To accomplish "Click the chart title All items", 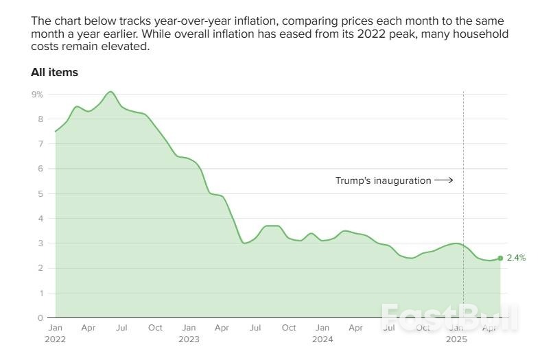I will point(54,72).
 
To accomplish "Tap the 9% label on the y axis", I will point(37,94).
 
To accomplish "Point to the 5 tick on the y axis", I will point(40,193).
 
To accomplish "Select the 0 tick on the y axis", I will point(40,317).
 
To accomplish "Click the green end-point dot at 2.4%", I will point(500,258).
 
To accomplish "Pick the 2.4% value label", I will point(516,258).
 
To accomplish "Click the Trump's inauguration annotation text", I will point(383,180).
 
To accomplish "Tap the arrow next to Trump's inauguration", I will point(444,180).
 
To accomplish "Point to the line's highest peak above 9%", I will point(110,91).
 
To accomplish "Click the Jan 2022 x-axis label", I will point(55,328).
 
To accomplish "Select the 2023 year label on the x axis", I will point(189,339).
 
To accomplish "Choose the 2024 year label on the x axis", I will point(322,339).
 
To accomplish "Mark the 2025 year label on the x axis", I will point(456,339).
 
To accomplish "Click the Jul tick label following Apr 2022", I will point(121,328).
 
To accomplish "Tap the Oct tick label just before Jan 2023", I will point(155,328).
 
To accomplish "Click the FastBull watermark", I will point(449,317).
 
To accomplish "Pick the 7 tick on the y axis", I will point(40,144).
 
